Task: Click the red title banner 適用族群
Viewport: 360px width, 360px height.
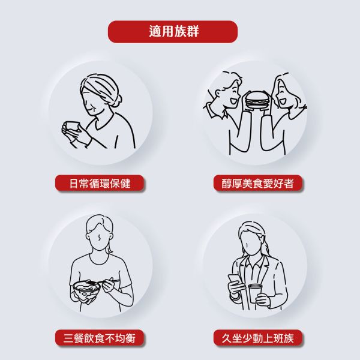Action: (173, 31)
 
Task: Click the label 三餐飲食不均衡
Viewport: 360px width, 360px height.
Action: (100, 338)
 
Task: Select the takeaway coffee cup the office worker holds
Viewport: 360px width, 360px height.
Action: (256, 293)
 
